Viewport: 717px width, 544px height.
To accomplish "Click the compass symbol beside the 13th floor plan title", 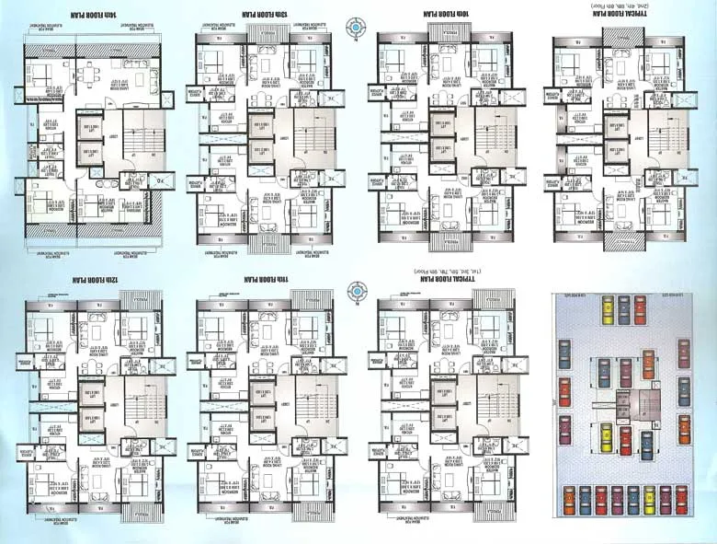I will point(356,29).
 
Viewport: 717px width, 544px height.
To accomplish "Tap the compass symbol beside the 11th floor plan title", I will point(356,292).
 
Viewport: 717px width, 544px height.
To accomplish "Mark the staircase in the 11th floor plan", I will point(309,406).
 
